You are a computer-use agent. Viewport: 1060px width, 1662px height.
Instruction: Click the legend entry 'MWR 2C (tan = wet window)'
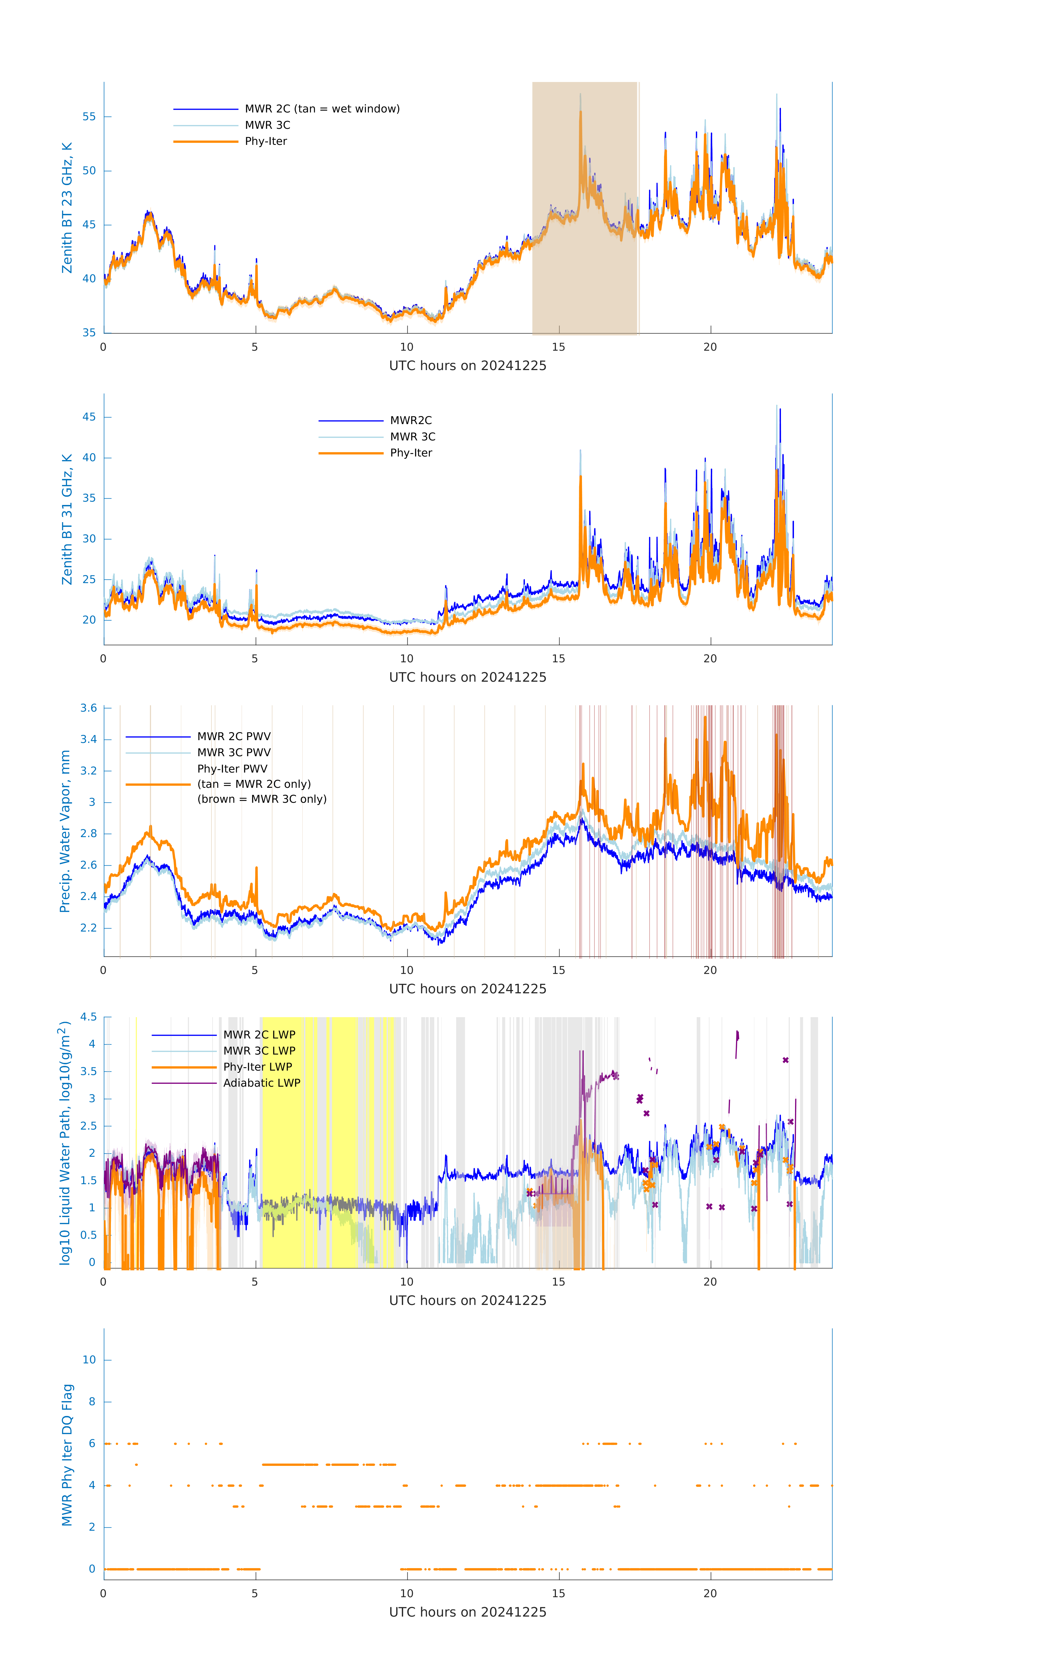click(x=322, y=109)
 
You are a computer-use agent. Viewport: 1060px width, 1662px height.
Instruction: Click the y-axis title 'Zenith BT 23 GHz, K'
click(x=67, y=208)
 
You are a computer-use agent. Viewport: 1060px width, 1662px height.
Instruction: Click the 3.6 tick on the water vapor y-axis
click(x=88, y=708)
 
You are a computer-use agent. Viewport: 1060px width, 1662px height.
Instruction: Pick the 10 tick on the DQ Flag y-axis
click(x=90, y=1360)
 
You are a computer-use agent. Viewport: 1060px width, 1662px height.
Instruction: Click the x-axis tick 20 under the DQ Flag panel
click(x=710, y=1594)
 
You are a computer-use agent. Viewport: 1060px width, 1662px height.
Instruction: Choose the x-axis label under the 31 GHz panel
click(x=468, y=677)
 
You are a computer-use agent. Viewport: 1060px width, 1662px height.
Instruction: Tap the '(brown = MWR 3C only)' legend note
click(x=262, y=799)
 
